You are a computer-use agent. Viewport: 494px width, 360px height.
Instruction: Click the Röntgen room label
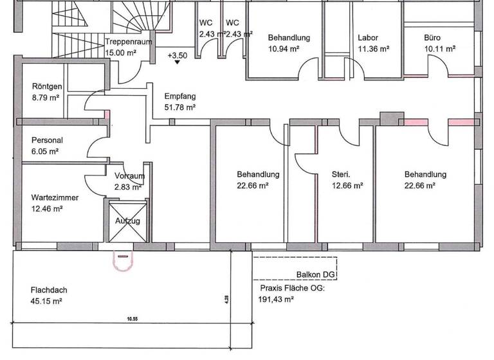point(47,87)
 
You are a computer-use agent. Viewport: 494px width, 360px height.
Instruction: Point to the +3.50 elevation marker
point(177,56)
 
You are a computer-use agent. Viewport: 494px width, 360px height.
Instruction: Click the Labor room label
point(368,38)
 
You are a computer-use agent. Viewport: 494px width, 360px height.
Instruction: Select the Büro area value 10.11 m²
point(439,48)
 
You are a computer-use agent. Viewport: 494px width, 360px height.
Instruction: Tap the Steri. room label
point(341,174)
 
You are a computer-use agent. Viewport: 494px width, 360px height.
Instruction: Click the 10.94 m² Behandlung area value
point(284,48)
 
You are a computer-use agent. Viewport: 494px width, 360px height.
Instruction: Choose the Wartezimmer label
point(55,198)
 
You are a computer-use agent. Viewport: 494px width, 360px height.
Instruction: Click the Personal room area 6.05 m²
point(45,151)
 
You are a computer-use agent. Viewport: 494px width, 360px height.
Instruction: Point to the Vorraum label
point(129,176)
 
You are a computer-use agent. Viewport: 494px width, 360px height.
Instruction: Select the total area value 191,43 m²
point(277,299)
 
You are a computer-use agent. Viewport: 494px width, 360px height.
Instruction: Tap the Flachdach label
point(48,290)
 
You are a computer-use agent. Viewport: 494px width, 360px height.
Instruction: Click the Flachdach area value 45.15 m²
point(46,301)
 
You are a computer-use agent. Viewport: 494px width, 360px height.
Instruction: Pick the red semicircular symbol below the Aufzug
point(123,260)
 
